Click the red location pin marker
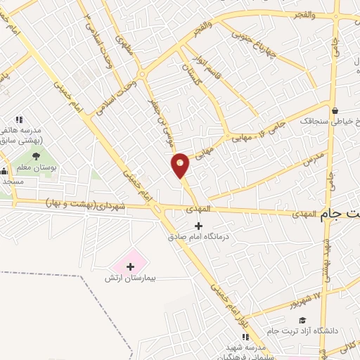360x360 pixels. coord(181,165)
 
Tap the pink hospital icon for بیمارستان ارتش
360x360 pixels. coord(131,266)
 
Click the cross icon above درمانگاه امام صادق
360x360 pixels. coord(199,226)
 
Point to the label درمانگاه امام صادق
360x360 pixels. coord(198,237)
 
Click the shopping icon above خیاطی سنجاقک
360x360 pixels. coord(335,110)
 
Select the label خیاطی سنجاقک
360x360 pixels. coord(329,121)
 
